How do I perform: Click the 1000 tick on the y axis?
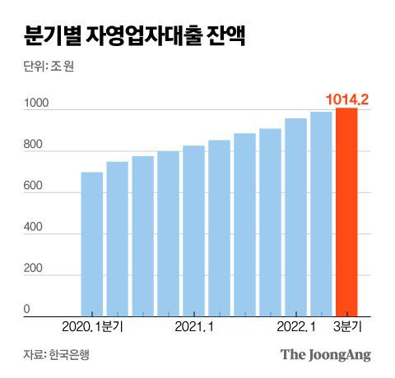click(x=38, y=104)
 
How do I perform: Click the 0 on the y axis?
click(x=26, y=310)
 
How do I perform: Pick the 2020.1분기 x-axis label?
click(x=91, y=327)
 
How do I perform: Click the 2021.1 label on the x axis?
click(x=196, y=327)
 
